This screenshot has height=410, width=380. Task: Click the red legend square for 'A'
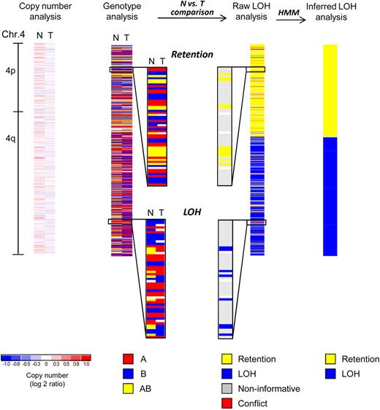(x=128, y=359)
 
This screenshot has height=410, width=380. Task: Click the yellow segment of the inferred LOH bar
(x=330, y=90)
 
